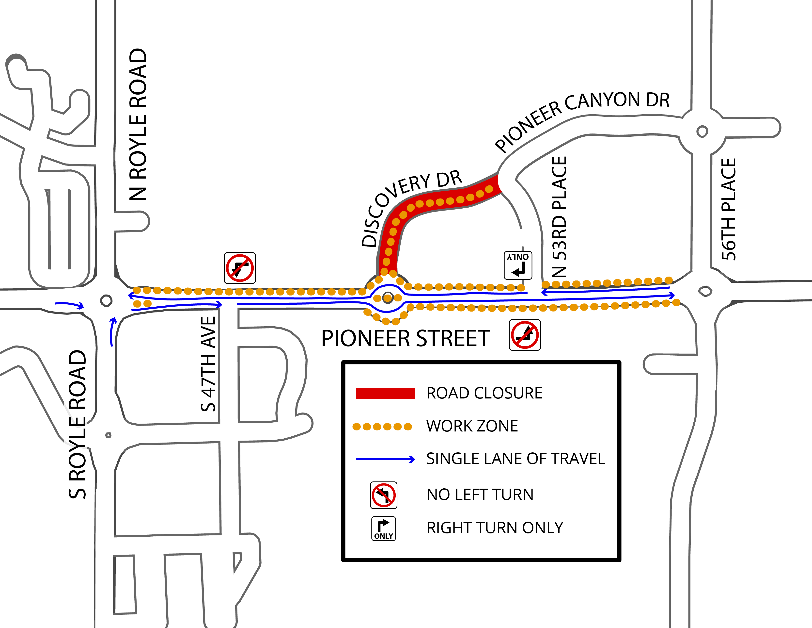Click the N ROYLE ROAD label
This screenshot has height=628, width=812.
[138, 125]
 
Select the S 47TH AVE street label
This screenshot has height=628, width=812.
[208, 364]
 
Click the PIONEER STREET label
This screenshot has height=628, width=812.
[405, 339]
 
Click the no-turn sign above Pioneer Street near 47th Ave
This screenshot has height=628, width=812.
[240, 268]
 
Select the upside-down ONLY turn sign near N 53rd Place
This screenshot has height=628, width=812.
[518, 265]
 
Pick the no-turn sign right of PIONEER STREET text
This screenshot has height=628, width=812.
[525, 335]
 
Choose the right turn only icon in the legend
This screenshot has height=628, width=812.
[384, 528]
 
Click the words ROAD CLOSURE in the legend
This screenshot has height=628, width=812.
[484, 393]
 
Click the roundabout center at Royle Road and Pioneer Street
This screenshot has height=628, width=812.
[106, 300]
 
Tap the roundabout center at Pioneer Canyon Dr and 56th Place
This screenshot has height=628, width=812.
[702, 131]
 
